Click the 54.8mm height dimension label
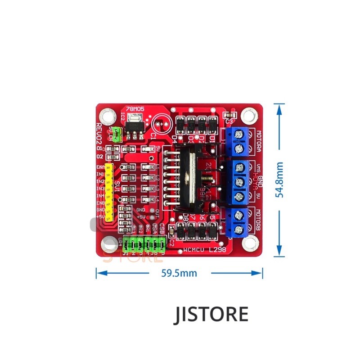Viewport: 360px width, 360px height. pyautogui.click(x=280, y=180)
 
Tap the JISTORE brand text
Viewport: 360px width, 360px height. pyautogui.click(x=211, y=314)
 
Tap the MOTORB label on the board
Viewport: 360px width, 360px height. pyautogui.click(x=259, y=220)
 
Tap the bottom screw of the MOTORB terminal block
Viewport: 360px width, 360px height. pyautogui.click(x=239, y=230)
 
